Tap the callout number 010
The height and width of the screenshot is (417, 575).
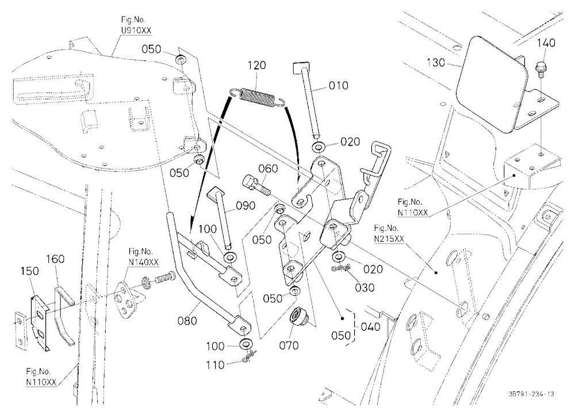point(338,86)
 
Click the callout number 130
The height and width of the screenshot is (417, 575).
point(436,63)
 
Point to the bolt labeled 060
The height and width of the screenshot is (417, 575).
point(256,185)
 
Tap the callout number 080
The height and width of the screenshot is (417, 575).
point(187,321)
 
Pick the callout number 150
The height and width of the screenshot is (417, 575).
point(29,271)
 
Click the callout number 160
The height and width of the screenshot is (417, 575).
point(55,259)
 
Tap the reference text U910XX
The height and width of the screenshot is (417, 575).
point(136,30)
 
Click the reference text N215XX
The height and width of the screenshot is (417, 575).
point(389,239)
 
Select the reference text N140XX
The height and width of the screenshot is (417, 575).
point(143,262)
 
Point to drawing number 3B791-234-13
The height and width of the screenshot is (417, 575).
point(531,394)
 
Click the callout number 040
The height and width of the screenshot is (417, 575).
point(370,326)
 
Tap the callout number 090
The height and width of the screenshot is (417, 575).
point(246,206)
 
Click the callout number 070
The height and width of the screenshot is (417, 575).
point(289,345)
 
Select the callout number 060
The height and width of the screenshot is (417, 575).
point(268,169)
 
